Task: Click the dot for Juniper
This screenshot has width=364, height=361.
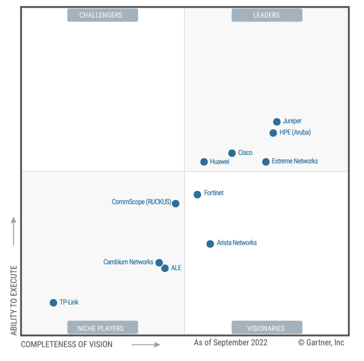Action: tap(277, 122)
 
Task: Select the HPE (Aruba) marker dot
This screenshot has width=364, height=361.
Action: tap(273, 133)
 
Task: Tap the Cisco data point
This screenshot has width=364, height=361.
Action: tap(232, 153)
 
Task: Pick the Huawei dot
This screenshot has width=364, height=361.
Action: tap(204, 162)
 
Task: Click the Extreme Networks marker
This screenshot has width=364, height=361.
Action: tap(266, 162)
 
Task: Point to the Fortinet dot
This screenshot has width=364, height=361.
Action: tap(197, 194)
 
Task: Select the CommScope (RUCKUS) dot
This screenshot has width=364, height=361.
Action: tap(175, 203)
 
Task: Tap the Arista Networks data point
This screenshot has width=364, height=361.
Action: tap(210, 243)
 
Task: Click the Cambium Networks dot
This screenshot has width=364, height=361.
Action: tap(159, 263)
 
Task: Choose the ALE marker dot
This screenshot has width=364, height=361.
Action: tap(165, 268)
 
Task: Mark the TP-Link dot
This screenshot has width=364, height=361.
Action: tap(53, 302)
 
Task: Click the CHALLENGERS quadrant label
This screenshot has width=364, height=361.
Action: tap(103, 15)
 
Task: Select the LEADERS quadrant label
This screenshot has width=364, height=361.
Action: tap(267, 15)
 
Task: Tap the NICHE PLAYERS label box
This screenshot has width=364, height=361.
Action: tap(103, 328)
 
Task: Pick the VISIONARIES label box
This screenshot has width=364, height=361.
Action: tap(267, 328)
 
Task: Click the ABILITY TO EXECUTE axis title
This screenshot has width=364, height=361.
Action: tap(14, 300)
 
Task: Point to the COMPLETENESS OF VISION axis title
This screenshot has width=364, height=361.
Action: tap(66, 344)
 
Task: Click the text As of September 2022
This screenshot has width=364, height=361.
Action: tap(231, 343)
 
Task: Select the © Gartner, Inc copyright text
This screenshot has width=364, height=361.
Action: tap(321, 343)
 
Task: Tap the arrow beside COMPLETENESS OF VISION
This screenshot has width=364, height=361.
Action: tap(146, 344)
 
